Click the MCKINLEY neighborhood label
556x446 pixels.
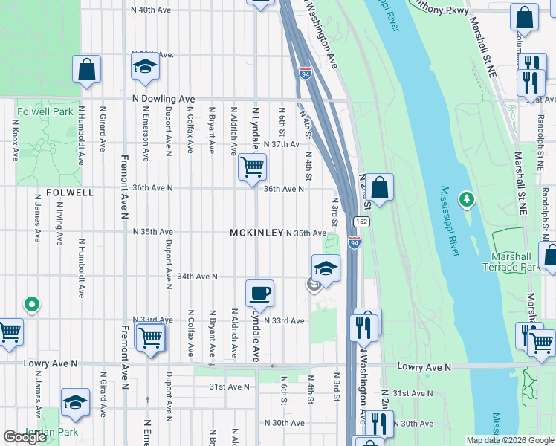256,233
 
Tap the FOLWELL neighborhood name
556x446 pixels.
70,192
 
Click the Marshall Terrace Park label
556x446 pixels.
510,262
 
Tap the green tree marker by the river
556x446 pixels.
467,198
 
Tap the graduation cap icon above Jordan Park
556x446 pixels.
75,403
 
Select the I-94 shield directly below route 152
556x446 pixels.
354,243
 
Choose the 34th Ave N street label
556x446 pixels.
197,277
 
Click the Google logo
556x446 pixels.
25,437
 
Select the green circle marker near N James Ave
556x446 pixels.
31,303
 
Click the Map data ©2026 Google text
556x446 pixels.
509,440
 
